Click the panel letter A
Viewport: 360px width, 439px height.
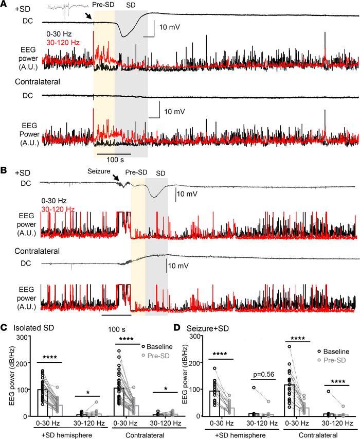(x=4, y=4)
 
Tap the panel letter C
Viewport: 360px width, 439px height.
(x=4, y=326)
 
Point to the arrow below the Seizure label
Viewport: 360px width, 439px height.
(x=117, y=179)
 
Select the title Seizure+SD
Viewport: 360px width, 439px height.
(x=209, y=327)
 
